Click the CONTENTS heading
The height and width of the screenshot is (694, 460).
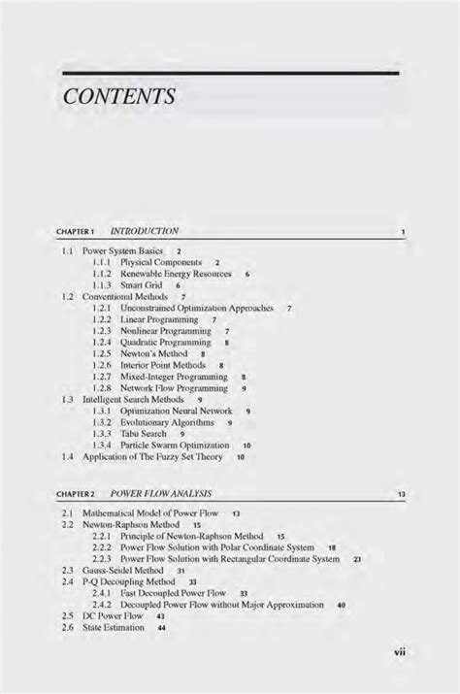(x=118, y=97)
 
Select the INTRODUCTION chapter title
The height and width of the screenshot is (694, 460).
(x=145, y=232)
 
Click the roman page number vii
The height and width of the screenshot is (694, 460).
(x=398, y=652)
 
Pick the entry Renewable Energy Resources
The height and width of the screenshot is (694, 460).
(x=176, y=275)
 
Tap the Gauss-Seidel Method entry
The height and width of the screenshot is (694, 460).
(x=120, y=571)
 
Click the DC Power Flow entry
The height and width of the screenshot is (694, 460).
(x=109, y=616)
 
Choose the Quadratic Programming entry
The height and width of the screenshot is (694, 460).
(x=165, y=343)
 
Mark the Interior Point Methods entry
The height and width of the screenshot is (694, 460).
(x=163, y=365)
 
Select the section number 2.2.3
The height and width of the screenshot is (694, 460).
(x=102, y=559)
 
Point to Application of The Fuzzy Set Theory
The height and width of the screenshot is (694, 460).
(x=152, y=456)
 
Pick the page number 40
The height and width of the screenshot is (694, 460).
(x=341, y=605)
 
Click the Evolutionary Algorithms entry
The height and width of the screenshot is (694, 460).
(x=168, y=422)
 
